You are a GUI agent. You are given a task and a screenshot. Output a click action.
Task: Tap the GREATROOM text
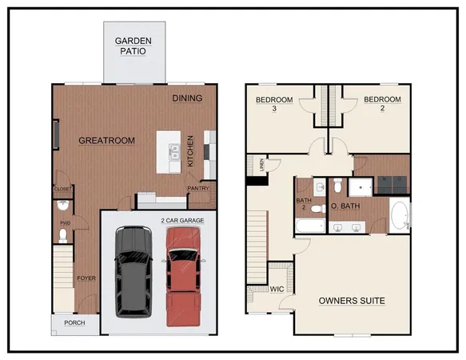pyautogui.click(x=106, y=141)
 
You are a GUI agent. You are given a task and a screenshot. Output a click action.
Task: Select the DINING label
pyautogui.click(x=186, y=98)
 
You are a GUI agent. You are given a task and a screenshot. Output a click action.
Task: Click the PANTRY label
pyautogui.click(x=197, y=189)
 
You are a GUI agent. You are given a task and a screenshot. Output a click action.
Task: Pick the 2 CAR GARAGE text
pyautogui.click(x=183, y=219)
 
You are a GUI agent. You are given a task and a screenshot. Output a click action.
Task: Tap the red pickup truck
pyautogui.click(x=184, y=275)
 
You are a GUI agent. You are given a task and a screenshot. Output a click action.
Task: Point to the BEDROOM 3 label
pyautogui.click(x=274, y=104)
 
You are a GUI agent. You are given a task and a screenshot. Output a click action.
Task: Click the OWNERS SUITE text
pyautogui.click(x=352, y=301)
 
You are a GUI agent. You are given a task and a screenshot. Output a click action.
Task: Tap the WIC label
pyautogui.click(x=277, y=289)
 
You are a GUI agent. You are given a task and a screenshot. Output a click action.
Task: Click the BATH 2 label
pyautogui.click(x=304, y=205)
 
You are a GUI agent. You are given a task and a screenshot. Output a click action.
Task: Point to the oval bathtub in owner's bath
pyautogui.click(x=399, y=216)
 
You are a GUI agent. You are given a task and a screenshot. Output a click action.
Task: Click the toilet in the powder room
pyautogui.click(x=63, y=235)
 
